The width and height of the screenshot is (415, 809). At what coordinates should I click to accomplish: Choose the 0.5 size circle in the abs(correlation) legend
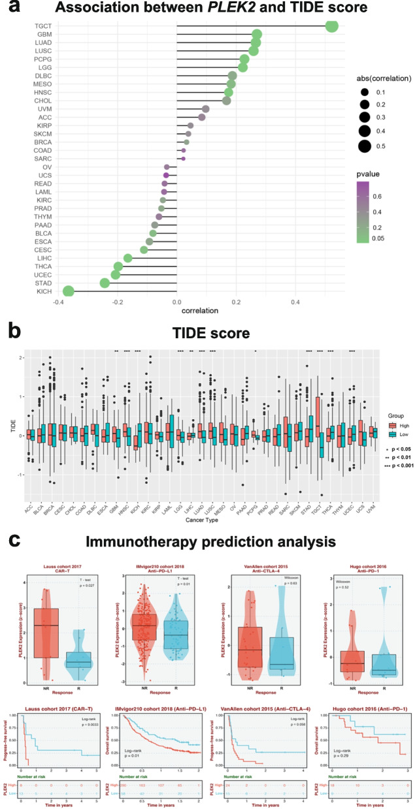tap(365, 147)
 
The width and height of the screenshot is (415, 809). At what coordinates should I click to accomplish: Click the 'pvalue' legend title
tap(371, 174)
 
